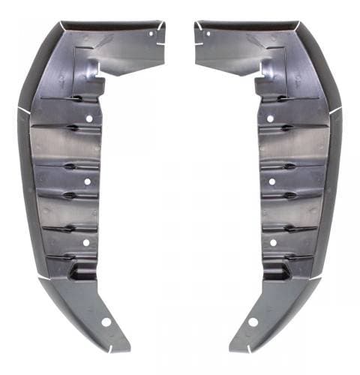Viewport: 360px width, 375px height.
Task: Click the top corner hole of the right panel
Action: pos(208,33)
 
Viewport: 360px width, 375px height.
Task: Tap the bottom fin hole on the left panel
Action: pos(106,321)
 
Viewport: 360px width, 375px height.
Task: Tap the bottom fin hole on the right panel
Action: pos(253,321)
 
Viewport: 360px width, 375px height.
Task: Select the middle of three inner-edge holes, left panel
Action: pos(87,181)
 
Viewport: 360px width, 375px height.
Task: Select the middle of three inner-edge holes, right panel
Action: pos(271,181)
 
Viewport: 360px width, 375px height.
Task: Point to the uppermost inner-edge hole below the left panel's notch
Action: pos(89,118)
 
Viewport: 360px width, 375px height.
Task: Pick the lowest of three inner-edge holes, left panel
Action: pos(85,242)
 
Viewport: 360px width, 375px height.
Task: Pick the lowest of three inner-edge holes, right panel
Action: pos(273,242)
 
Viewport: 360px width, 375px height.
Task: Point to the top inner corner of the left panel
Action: pos(163,23)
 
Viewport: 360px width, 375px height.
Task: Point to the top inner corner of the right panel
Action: pos(196,23)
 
